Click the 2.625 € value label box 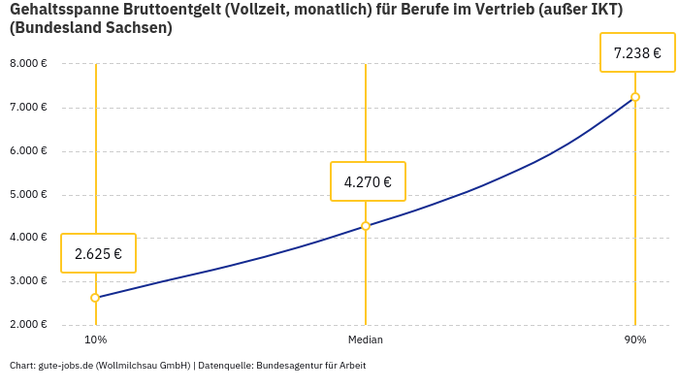(x=98, y=253)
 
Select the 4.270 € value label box (x=368, y=181)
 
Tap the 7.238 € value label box (x=637, y=52)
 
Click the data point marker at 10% (x=95, y=298)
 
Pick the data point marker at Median (x=366, y=226)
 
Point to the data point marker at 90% (x=635, y=97)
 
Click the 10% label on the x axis (x=95, y=339)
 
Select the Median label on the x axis (x=366, y=339)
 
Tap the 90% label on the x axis (x=635, y=339)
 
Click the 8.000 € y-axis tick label (x=28, y=64)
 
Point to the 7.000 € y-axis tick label (x=28, y=108)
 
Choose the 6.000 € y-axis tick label (x=28, y=151)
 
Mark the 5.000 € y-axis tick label (x=28, y=195)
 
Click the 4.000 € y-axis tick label (x=28, y=238)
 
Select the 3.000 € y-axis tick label (x=28, y=281)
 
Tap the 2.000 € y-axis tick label (x=28, y=325)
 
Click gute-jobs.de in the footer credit (x=65, y=366)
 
